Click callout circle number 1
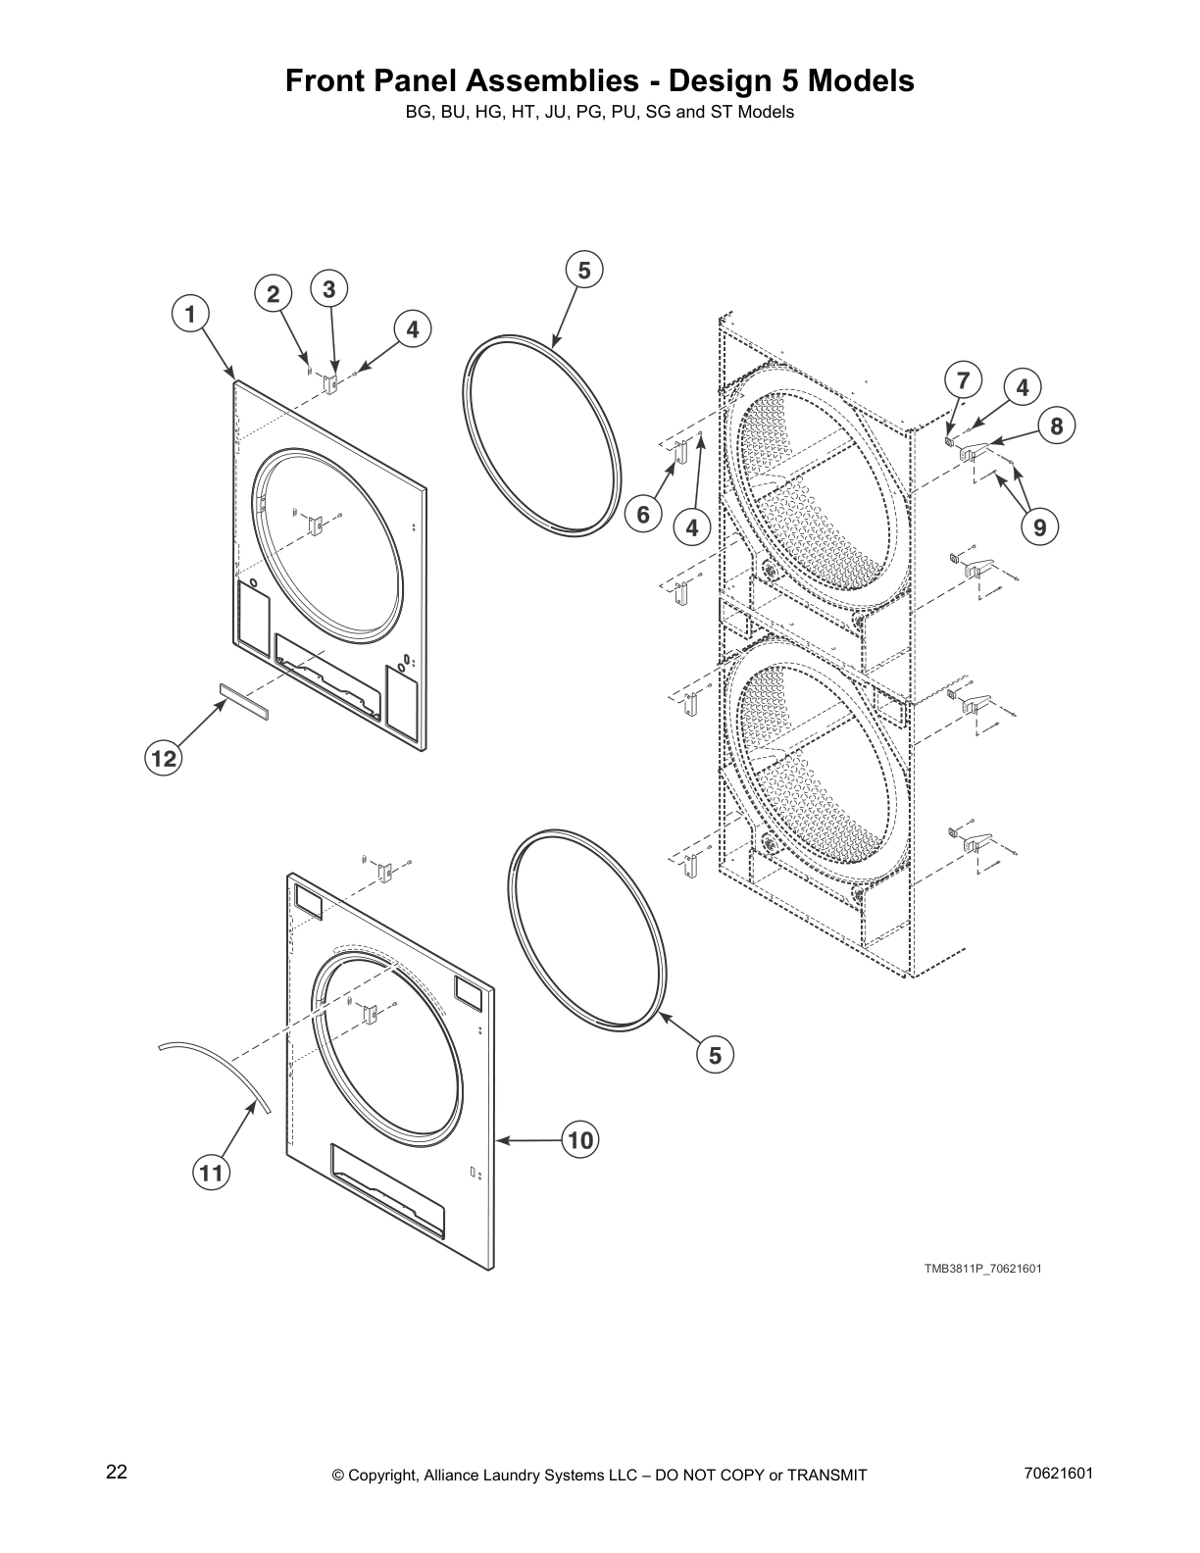click(191, 315)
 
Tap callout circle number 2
click(274, 294)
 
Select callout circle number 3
click(328, 289)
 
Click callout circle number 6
click(643, 515)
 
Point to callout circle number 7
click(963, 380)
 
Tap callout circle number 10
click(580, 1140)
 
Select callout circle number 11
click(210, 1172)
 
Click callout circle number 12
click(164, 758)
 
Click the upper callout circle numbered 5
click(584, 270)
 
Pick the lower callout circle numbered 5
click(715, 1055)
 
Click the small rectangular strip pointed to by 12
click(241, 702)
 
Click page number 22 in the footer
click(116, 1472)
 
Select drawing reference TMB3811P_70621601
click(982, 1269)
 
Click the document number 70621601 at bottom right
click(1056, 1472)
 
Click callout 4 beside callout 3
click(413, 330)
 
